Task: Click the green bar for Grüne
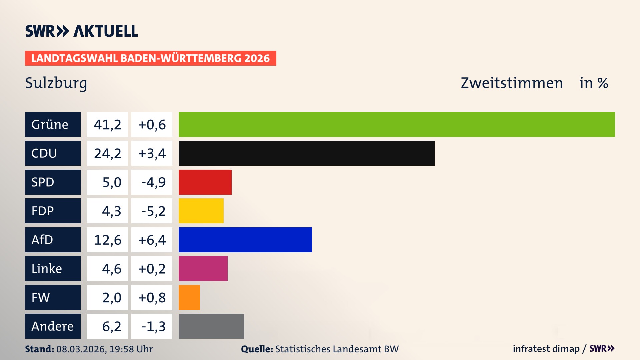click(x=397, y=124)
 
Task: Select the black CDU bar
click(x=306, y=153)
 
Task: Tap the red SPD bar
click(x=205, y=182)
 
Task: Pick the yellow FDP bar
click(x=201, y=211)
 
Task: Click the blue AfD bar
click(x=245, y=240)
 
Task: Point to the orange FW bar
click(x=189, y=297)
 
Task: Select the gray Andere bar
click(x=211, y=326)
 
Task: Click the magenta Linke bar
click(x=203, y=268)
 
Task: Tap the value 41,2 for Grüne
click(x=107, y=125)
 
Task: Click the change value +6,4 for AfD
click(x=152, y=240)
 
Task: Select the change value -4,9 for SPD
click(x=153, y=182)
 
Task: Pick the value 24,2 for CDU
click(x=107, y=154)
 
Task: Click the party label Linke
click(x=47, y=269)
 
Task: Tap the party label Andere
click(x=52, y=326)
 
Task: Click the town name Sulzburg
click(x=56, y=83)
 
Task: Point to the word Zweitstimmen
click(x=512, y=83)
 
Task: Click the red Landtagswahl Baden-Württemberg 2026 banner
click(x=150, y=58)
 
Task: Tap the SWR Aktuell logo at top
click(x=82, y=31)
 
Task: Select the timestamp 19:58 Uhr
click(x=131, y=349)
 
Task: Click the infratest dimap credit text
click(x=546, y=349)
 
